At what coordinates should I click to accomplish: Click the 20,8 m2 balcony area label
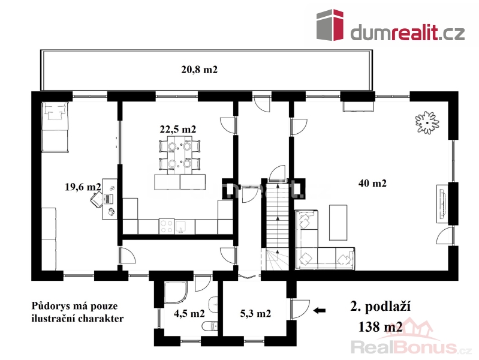click(199, 70)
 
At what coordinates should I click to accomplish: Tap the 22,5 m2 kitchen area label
click(178, 130)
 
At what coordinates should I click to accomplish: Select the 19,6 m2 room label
click(83, 187)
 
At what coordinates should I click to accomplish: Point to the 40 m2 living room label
click(372, 183)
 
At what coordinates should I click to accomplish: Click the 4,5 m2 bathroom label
click(189, 313)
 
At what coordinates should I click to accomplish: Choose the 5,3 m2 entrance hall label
click(255, 313)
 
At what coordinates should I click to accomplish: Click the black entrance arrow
click(320, 311)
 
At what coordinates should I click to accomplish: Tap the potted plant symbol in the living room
click(427, 122)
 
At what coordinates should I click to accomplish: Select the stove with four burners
click(167, 226)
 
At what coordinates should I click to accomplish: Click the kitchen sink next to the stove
click(182, 226)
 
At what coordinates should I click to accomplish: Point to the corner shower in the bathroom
click(176, 292)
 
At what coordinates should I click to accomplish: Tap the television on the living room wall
click(442, 204)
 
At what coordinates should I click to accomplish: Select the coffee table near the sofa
click(338, 223)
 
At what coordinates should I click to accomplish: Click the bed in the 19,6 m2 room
click(55, 127)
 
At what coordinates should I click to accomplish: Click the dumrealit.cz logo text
click(408, 32)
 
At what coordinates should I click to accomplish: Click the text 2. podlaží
click(380, 307)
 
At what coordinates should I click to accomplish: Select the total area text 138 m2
click(380, 327)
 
